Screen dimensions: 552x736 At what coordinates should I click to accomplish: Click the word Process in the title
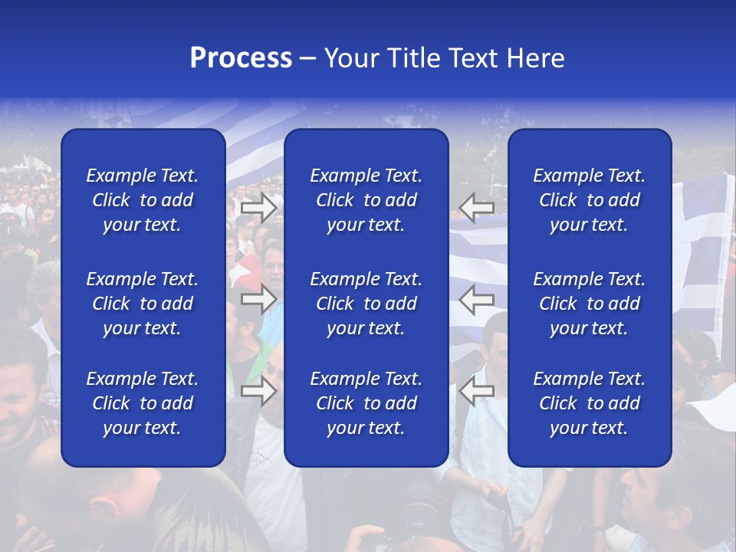241,58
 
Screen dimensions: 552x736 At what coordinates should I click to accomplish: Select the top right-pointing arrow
258,206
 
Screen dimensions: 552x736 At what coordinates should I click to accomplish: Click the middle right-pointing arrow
258,299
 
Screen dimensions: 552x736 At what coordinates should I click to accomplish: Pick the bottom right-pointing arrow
258,390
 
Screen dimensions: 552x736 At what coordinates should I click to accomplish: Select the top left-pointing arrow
477,206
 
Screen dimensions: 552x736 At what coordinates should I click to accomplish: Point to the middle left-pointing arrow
477,299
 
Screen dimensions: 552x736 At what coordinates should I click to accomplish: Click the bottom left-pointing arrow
477,390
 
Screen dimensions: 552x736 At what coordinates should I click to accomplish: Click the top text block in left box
143,200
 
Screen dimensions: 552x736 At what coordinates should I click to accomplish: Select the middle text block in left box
143,304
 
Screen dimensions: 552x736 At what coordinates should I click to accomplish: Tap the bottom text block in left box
143,403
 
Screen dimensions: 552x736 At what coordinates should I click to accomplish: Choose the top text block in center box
366,200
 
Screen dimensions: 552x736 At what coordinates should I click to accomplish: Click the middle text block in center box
366,304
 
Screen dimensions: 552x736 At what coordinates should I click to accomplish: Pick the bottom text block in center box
366,403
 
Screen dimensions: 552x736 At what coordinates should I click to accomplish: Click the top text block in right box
590,200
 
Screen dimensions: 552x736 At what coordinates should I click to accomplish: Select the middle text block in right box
590,304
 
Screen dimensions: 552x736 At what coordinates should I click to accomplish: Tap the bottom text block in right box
590,403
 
